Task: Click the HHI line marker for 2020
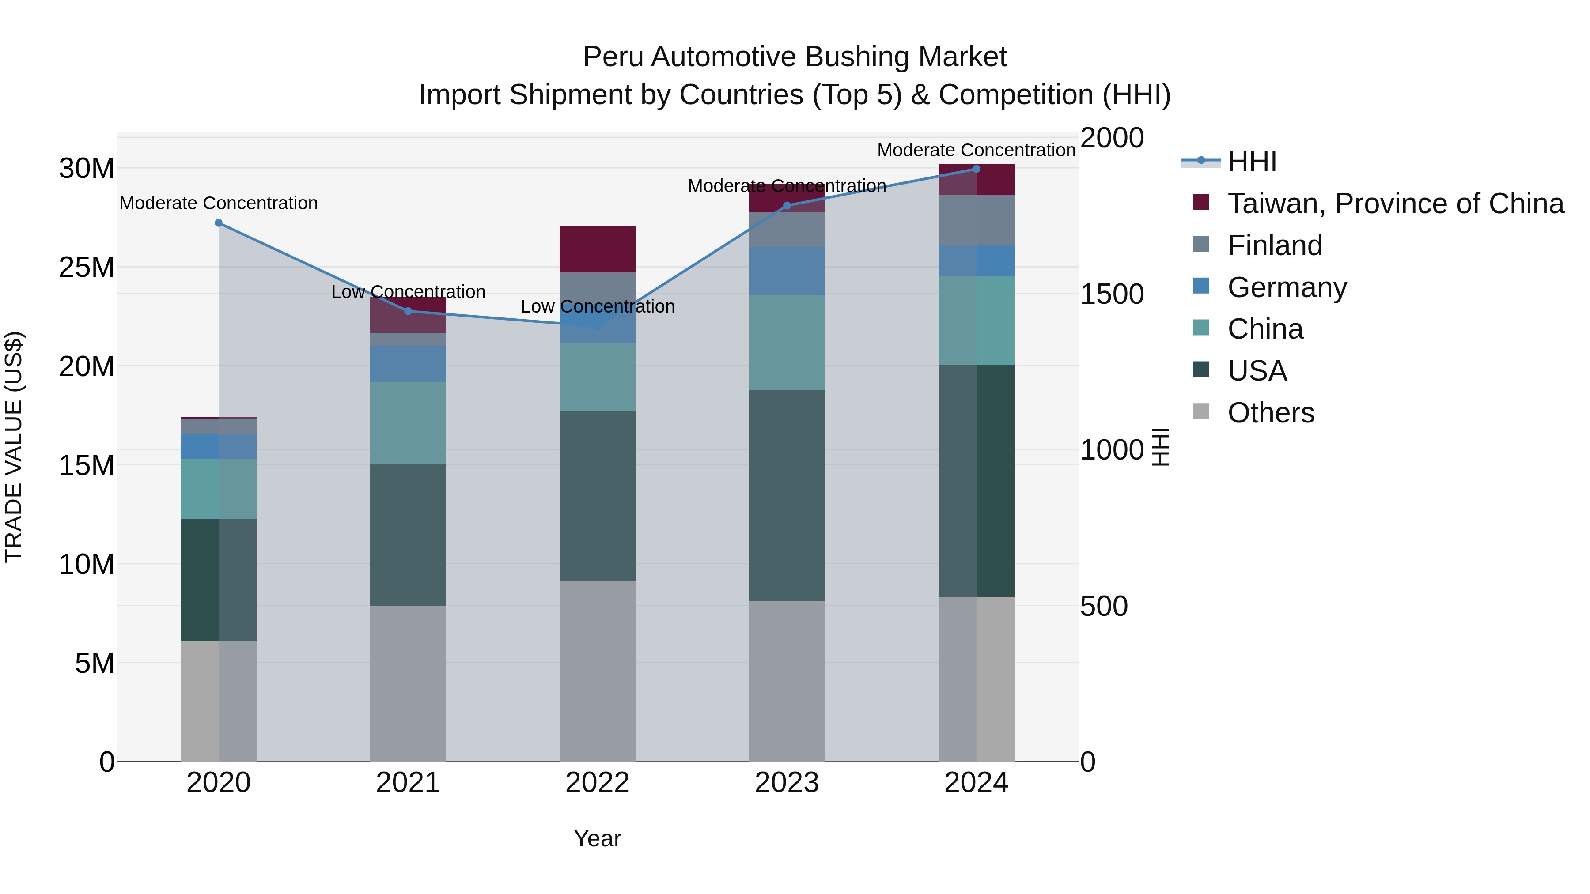219,223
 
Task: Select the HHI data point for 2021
408,311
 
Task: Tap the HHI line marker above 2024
976,169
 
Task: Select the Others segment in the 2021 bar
408,683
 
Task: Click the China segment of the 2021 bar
408,422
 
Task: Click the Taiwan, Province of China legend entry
1395,204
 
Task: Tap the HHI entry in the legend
1251,162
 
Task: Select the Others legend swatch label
1270,413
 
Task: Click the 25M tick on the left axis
87,267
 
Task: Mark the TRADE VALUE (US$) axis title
14,447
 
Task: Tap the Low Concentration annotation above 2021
408,292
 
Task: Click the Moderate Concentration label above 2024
976,150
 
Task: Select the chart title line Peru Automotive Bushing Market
795,57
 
